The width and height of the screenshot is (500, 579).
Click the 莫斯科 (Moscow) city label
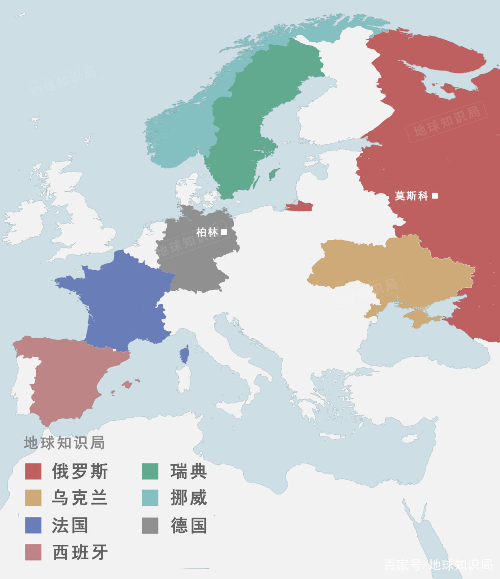click(x=411, y=196)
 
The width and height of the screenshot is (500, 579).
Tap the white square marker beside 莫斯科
click(x=435, y=196)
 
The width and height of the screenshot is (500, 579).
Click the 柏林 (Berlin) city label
click(x=207, y=232)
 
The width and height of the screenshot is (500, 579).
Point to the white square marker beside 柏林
click(x=224, y=232)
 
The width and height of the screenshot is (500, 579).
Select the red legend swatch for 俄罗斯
click(x=33, y=471)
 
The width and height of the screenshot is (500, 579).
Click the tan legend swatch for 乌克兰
click(x=33, y=498)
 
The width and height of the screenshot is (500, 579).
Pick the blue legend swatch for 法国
click(x=33, y=525)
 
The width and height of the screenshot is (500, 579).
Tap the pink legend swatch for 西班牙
click(x=33, y=552)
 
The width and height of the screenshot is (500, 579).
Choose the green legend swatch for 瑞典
click(x=150, y=471)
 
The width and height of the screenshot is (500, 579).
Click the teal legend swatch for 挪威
click(x=150, y=498)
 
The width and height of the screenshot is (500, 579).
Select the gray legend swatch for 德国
click(x=150, y=525)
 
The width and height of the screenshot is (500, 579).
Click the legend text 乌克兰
click(x=80, y=498)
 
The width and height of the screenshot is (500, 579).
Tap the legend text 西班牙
click(x=80, y=552)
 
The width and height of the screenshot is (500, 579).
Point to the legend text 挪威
click(x=188, y=498)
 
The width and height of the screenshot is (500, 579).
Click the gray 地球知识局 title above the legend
click(x=64, y=443)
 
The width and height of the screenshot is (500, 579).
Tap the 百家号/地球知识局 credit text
click(x=438, y=565)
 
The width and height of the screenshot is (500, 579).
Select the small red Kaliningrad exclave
click(x=300, y=207)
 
